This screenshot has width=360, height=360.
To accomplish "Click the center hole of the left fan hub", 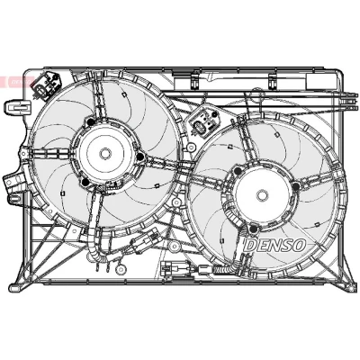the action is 104,153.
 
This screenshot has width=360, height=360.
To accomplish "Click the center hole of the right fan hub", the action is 262,195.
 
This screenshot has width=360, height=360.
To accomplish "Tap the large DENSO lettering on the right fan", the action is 274,245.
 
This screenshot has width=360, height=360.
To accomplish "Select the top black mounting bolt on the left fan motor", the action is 90,122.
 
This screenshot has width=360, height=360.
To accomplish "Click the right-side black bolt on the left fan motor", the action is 139,157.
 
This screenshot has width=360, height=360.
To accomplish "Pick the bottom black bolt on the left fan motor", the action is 85,182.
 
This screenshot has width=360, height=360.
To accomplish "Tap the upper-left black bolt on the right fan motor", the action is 238,171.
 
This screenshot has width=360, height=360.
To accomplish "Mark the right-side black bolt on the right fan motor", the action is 296,186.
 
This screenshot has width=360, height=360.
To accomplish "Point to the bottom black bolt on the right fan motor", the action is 254,229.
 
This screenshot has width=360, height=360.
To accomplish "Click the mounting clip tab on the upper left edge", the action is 17,106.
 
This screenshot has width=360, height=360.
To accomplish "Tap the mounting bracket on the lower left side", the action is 14,186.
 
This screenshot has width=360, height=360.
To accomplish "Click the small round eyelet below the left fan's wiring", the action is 121,268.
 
